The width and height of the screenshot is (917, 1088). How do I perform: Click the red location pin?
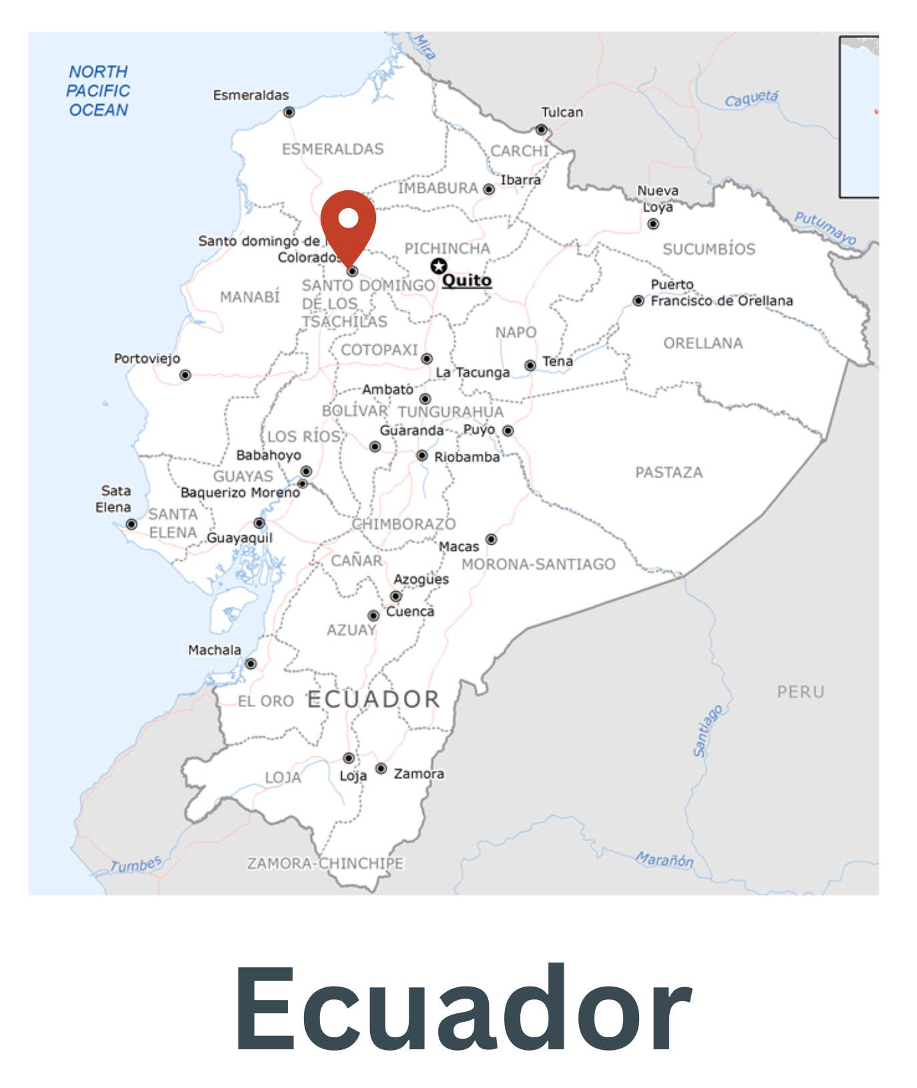(x=348, y=224)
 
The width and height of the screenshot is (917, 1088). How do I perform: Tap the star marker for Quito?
(x=438, y=266)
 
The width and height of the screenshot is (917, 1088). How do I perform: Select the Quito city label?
(x=467, y=280)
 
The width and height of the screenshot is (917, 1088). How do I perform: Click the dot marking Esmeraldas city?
(x=289, y=112)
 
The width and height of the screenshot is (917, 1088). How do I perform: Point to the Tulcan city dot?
(x=542, y=129)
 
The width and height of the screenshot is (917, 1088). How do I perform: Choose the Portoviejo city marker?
(x=185, y=375)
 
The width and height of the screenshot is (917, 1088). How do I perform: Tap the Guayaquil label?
(x=240, y=538)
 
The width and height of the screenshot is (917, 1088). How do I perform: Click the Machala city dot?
(x=251, y=663)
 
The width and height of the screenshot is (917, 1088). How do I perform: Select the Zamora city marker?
(x=381, y=769)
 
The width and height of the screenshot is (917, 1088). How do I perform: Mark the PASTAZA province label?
(x=669, y=473)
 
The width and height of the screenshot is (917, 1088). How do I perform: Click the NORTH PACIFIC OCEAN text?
(x=98, y=91)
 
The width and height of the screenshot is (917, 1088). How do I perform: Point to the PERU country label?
(x=800, y=692)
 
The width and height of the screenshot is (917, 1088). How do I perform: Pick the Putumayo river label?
(x=825, y=228)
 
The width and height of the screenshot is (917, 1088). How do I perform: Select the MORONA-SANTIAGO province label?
(x=538, y=565)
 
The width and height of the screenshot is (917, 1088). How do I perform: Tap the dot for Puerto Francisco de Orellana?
(x=638, y=301)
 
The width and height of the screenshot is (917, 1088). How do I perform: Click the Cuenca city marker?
(x=374, y=615)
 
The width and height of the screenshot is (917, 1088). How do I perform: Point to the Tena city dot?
(x=530, y=365)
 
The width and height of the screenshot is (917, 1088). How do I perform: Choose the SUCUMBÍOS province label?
(x=709, y=250)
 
